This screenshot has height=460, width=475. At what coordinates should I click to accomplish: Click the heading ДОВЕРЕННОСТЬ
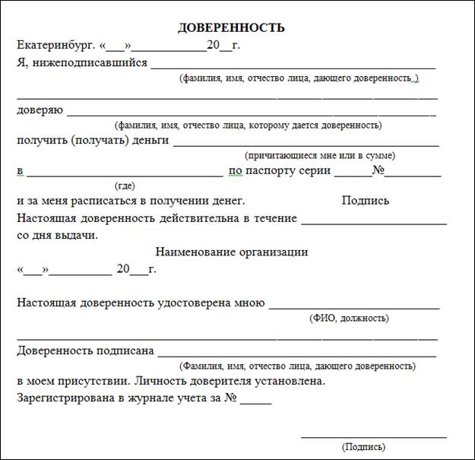pos(231,28)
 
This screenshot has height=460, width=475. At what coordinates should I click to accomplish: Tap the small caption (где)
pos(125,185)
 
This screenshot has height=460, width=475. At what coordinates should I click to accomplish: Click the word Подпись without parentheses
pos(366,201)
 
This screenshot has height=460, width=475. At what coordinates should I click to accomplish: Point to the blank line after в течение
pos(374,224)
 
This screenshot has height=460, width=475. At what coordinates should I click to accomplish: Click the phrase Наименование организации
pos(232,252)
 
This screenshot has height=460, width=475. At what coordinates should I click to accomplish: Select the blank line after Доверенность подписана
pos(296,355)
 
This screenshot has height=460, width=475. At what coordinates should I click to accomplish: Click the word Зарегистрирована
pos(67,397)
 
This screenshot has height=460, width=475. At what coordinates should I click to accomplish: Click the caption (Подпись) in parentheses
pos(363,446)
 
